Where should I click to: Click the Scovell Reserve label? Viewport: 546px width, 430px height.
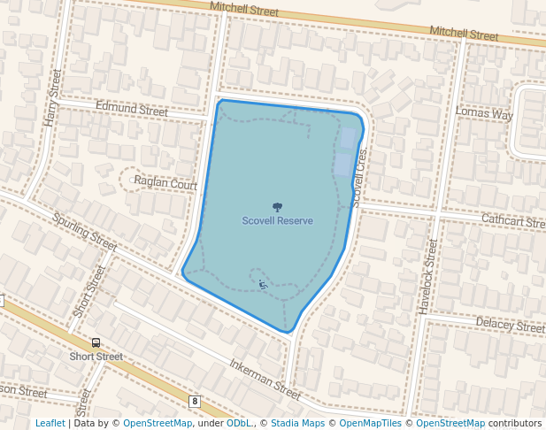(x=277, y=220)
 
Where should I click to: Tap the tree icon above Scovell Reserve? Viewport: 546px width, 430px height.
(x=277, y=207)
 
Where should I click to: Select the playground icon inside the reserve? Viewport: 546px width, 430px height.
(x=263, y=284)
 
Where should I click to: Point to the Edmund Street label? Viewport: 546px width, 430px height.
(x=132, y=111)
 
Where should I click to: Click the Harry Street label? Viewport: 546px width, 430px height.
(x=52, y=97)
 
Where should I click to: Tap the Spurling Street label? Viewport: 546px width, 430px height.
(x=84, y=232)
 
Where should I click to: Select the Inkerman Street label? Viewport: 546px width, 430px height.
(x=265, y=377)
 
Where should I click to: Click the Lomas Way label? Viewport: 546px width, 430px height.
(x=484, y=114)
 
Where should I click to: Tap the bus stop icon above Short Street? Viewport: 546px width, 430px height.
(x=96, y=342)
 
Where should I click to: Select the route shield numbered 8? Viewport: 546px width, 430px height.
(x=195, y=401)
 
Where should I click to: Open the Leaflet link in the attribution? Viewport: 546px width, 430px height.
(x=50, y=423)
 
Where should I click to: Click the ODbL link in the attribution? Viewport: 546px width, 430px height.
(x=239, y=423)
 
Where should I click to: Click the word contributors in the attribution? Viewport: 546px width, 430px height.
(x=515, y=423)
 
